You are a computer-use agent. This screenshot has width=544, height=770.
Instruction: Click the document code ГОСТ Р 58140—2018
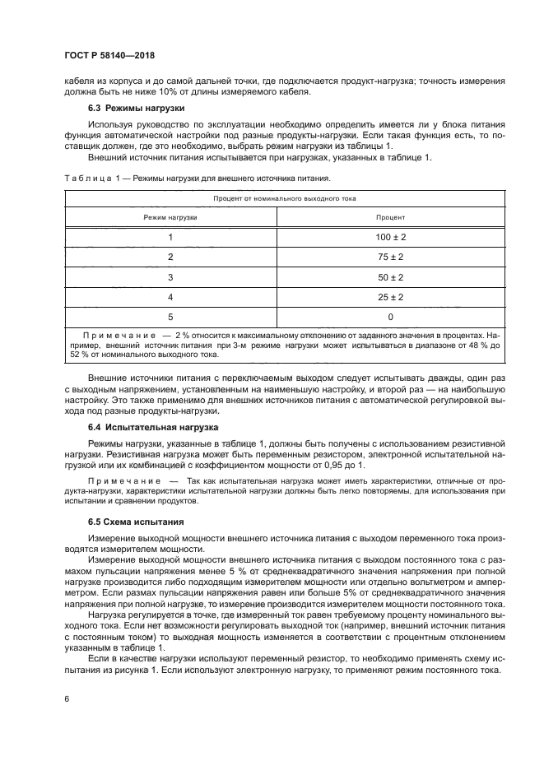point(109,54)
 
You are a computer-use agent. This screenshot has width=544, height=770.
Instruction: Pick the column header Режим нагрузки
point(170,217)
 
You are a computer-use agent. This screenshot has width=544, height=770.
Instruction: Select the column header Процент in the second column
point(390,217)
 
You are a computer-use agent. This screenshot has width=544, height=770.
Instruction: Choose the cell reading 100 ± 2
point(391,237)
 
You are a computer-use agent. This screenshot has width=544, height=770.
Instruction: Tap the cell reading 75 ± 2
point(391,257)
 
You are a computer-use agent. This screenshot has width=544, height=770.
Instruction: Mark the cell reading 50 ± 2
point(391,276)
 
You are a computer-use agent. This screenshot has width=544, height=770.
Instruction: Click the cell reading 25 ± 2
point(391,296)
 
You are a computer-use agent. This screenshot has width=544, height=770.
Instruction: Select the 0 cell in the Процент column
point(391,316)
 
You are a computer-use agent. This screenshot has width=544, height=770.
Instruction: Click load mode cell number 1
point(170,237)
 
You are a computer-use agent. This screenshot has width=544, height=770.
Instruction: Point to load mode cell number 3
point(170,276)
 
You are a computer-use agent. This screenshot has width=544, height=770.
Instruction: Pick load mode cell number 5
point(170,316)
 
